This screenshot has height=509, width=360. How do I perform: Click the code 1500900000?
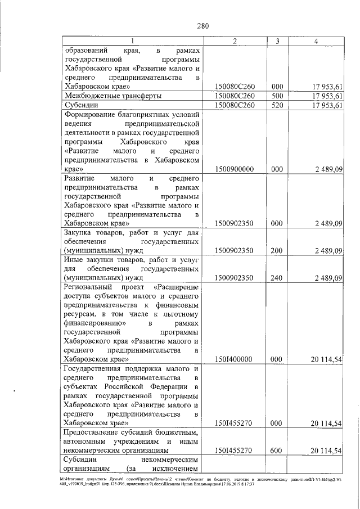(234, 168)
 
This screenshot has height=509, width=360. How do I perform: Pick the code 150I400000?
(234, 359)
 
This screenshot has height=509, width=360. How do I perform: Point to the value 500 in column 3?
(277, 96)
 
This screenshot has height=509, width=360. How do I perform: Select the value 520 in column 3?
(277, 105)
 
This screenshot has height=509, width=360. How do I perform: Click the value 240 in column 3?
(277, 277)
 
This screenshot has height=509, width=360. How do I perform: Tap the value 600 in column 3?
(277, 451)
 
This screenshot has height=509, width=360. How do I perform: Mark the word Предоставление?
(96, 433)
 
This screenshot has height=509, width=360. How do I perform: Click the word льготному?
(181, 314)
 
